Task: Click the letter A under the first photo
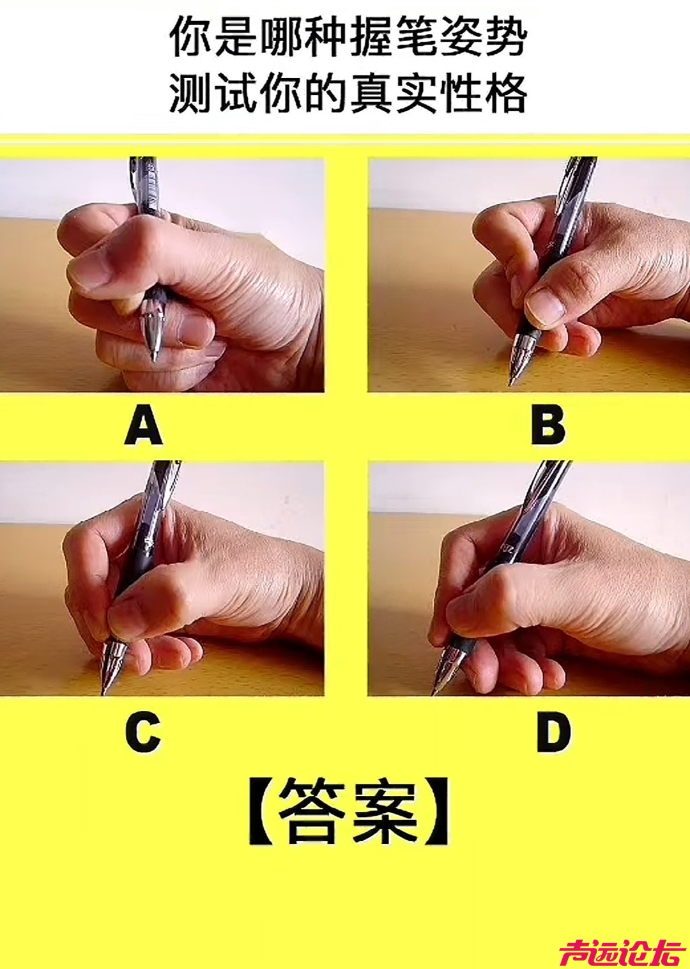144,427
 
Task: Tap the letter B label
549,427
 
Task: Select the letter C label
142,732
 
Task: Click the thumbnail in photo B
545,308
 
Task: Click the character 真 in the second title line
371,94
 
